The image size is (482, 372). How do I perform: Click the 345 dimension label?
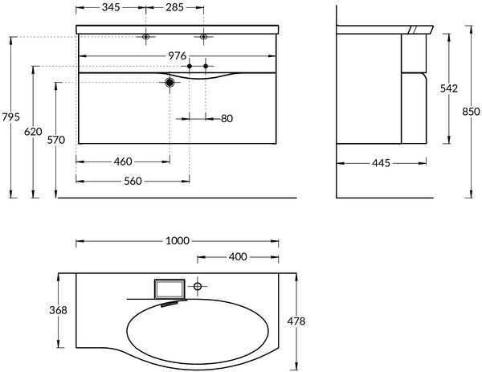111,7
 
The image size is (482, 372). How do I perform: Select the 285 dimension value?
174,7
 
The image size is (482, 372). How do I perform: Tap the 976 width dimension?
178,55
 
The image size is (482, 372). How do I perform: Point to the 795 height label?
10,117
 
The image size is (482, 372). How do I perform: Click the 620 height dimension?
33,132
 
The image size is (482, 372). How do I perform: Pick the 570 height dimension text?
56,140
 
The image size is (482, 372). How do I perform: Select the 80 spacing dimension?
227,118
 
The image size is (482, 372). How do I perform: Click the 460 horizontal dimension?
123,161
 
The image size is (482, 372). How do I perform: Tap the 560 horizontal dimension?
133,181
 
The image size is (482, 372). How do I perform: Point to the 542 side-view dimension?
449,88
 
